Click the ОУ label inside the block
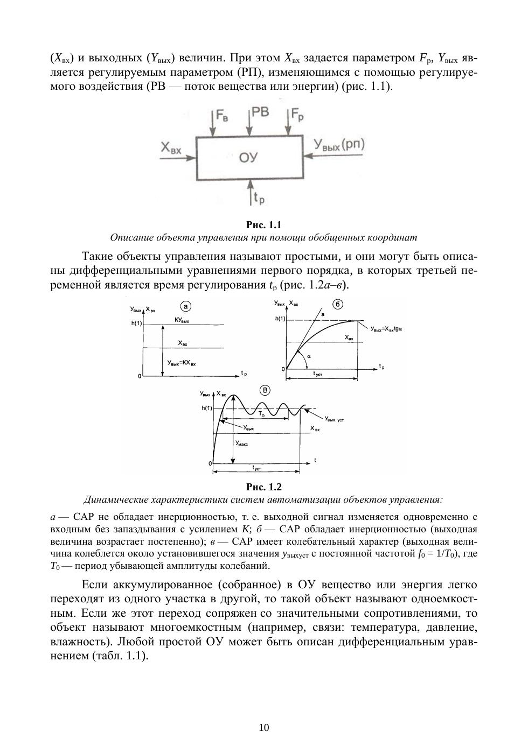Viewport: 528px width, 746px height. coord(248,158)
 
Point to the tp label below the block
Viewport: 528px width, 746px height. coord(259,199)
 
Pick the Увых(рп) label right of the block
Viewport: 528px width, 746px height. coord(339,145)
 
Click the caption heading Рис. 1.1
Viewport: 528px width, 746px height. coord(263,225)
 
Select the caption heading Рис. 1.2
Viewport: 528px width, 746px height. coord(263,487)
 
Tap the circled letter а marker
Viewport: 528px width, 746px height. coord(185,307)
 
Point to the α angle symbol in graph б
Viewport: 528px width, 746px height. coord(309,356)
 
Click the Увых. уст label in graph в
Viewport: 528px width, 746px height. coord(334,419)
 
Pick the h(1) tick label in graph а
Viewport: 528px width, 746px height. coord(136,323)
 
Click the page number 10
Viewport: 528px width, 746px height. coord(264,728)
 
